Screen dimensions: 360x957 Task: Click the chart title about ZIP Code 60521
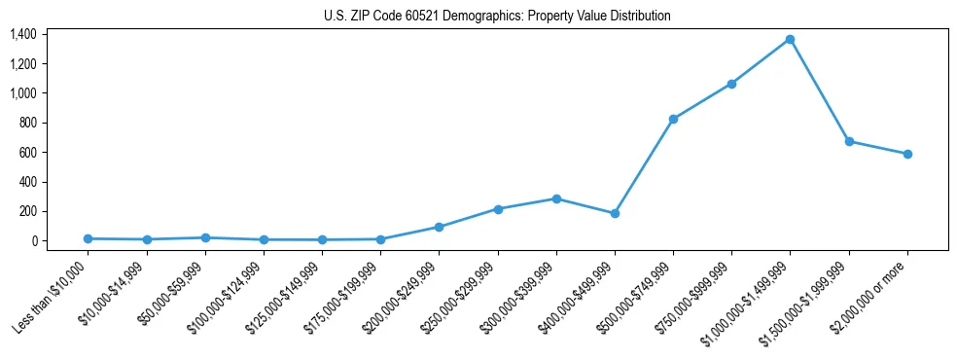click(497, 16)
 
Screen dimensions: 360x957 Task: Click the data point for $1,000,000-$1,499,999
click(790, 40)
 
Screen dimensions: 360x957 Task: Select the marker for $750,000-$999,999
click(731, 84)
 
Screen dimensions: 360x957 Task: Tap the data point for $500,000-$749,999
click(673, 119)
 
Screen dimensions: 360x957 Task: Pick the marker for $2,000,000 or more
click(907, 154)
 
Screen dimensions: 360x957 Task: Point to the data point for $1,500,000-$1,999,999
click(849, 141)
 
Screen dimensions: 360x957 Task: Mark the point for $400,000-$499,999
click(615, 213)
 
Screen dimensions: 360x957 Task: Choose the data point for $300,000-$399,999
click(556, 198)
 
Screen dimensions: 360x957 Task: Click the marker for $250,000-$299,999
click(498, 209)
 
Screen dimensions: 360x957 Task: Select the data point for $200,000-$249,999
click(439, 227)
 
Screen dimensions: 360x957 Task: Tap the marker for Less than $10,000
click(88, 238)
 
